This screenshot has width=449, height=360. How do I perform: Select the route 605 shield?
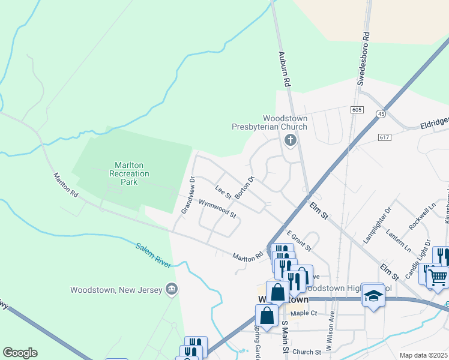coord(358,110)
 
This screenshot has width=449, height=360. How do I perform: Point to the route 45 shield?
coord(381,113)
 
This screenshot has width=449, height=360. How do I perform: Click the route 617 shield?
coord(385,137)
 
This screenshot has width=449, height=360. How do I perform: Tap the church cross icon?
coord(291,141)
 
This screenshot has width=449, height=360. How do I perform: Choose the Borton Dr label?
coord(245,188)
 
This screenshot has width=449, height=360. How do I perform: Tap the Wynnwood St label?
coord(218,209)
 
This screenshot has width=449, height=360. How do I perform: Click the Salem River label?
coord(153,255)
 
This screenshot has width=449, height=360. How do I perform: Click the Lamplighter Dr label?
coord(377,226)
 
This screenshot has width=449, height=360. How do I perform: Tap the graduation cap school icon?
coord(373,296)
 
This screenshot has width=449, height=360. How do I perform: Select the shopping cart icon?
coord(438,277)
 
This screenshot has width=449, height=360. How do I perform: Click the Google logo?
coord(20,353)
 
